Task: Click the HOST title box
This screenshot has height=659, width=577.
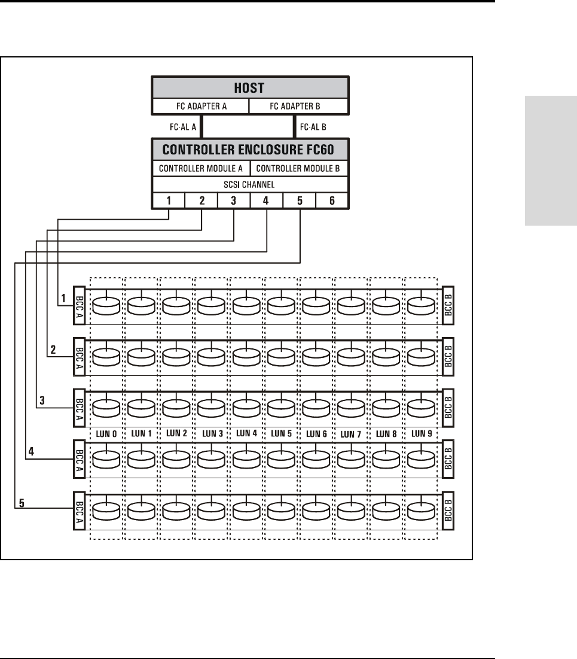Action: (250, 87)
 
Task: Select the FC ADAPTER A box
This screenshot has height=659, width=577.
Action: (200, 107)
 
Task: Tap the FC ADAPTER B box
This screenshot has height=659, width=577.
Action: (299, 107)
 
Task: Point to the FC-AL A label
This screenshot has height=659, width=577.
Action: (183, 127)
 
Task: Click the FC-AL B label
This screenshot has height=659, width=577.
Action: (312, 127)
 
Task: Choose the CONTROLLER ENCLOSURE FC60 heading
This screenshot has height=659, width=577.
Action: (250, 149)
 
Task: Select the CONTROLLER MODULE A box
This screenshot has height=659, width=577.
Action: (200, 168)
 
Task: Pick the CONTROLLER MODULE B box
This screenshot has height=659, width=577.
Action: (299, 168)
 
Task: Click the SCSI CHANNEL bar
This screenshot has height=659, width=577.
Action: (250, 184)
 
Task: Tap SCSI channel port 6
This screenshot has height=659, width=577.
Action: (332, 201)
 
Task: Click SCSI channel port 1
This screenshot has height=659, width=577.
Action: (169, 201)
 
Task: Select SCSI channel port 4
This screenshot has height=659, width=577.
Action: (266, 201)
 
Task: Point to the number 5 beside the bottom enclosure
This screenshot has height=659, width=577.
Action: (22, 503)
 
